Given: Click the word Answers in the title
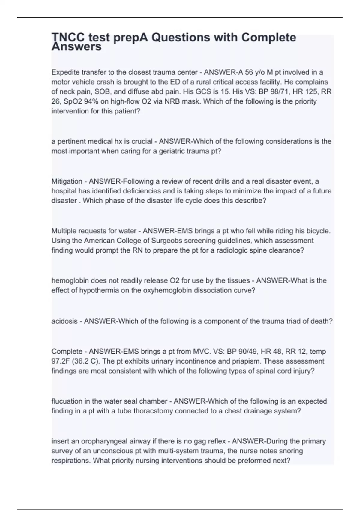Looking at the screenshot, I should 76,47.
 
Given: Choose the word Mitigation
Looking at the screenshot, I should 67,181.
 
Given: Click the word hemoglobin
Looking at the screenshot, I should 70,281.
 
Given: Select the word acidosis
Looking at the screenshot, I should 64,321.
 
